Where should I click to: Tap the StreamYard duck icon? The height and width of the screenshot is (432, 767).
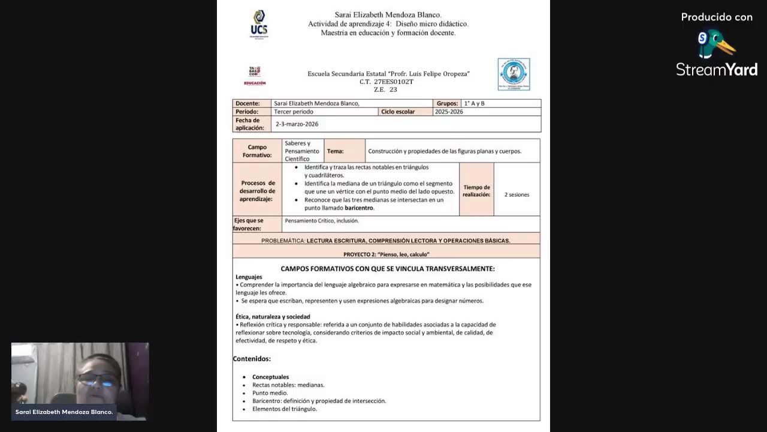click(x=715, y=44)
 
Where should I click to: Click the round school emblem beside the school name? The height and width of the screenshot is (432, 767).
click(x=514, y=74)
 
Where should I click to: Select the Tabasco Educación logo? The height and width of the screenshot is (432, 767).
click(x=255, y=76)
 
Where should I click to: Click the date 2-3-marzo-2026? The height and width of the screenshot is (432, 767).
click(x=297, y=124)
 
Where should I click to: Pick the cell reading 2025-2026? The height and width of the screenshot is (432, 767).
click(x=449, y=112)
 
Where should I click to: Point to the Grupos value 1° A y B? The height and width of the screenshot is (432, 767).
click(x=474, y=103)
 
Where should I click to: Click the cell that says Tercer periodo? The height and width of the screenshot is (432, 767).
click(x=294, y=112)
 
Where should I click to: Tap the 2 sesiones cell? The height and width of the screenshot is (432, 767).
click(x=517, y=194)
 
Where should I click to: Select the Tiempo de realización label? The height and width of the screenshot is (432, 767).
click(x=476, y=191)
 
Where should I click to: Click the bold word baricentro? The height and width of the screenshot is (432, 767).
click(x=359, y=208)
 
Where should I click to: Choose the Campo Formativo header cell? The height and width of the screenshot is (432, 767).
click(x=257, y=151)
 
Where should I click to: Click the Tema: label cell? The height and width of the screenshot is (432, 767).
click(x=336, y=151)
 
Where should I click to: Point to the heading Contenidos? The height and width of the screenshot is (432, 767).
click(x=252, y=359)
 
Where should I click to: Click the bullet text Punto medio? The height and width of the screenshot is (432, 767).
click(x=270, y=393)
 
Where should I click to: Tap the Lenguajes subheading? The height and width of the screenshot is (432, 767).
click(x=249, y=277)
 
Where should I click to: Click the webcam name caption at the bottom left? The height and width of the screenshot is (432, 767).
click(x=64, y=412)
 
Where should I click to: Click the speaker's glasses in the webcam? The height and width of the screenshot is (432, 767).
click(x=98, y=379)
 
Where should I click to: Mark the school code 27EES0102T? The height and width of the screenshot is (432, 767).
click(x=394, y=82)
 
